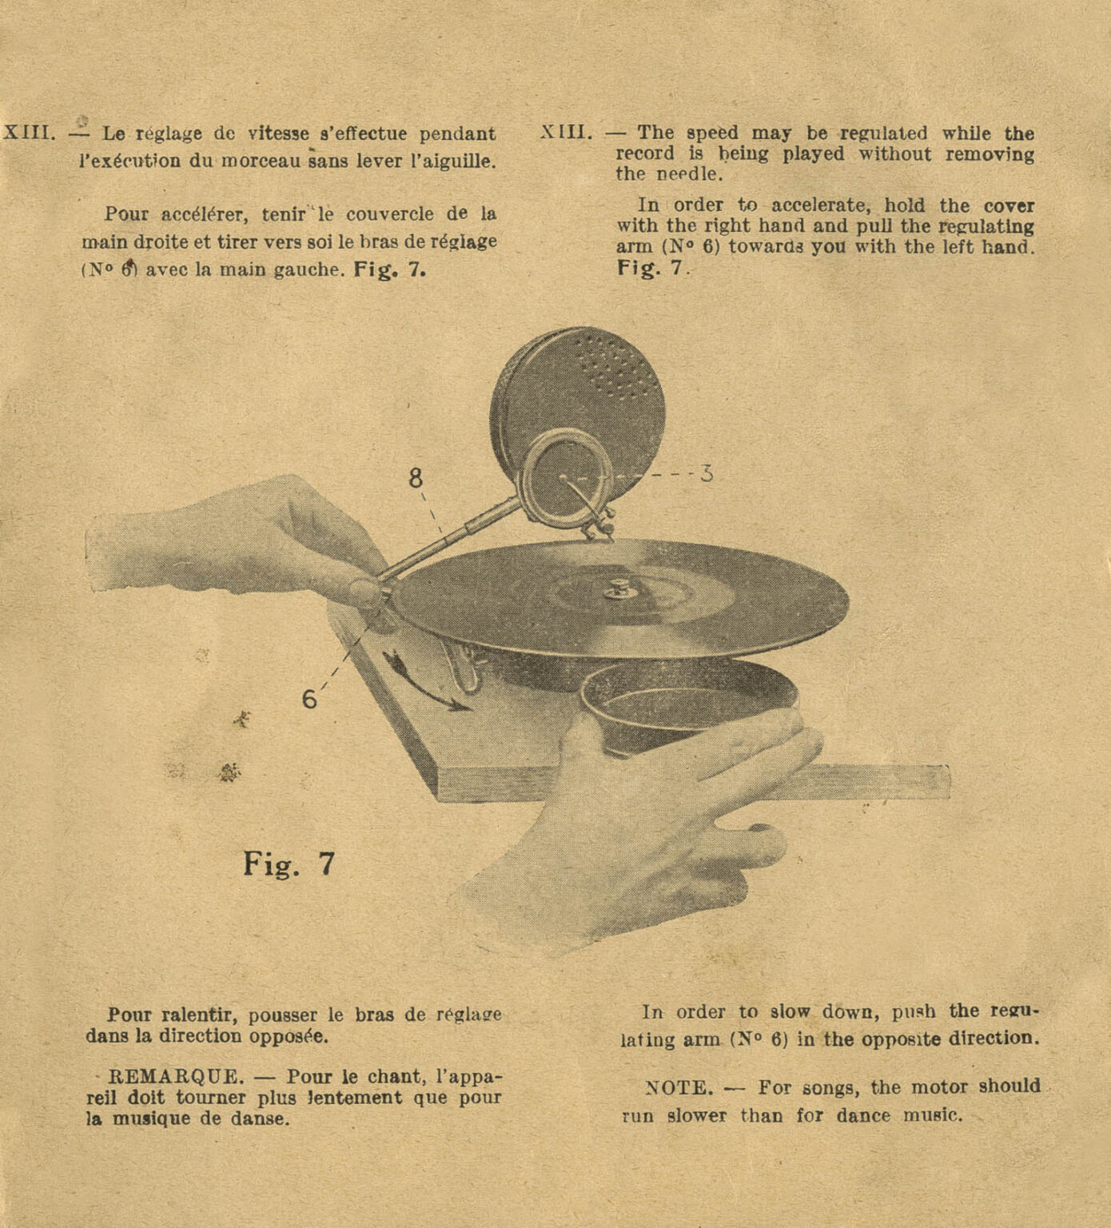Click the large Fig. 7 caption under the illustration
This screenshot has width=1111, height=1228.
click(289, 865)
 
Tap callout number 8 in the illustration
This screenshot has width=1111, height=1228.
click(416, 478)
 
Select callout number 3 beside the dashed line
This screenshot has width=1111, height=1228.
click(706, 473)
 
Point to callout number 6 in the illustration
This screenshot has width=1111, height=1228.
click(309, 700)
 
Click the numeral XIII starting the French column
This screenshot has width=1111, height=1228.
click(29, 133)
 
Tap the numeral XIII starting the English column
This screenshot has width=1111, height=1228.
click(566, 133)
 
